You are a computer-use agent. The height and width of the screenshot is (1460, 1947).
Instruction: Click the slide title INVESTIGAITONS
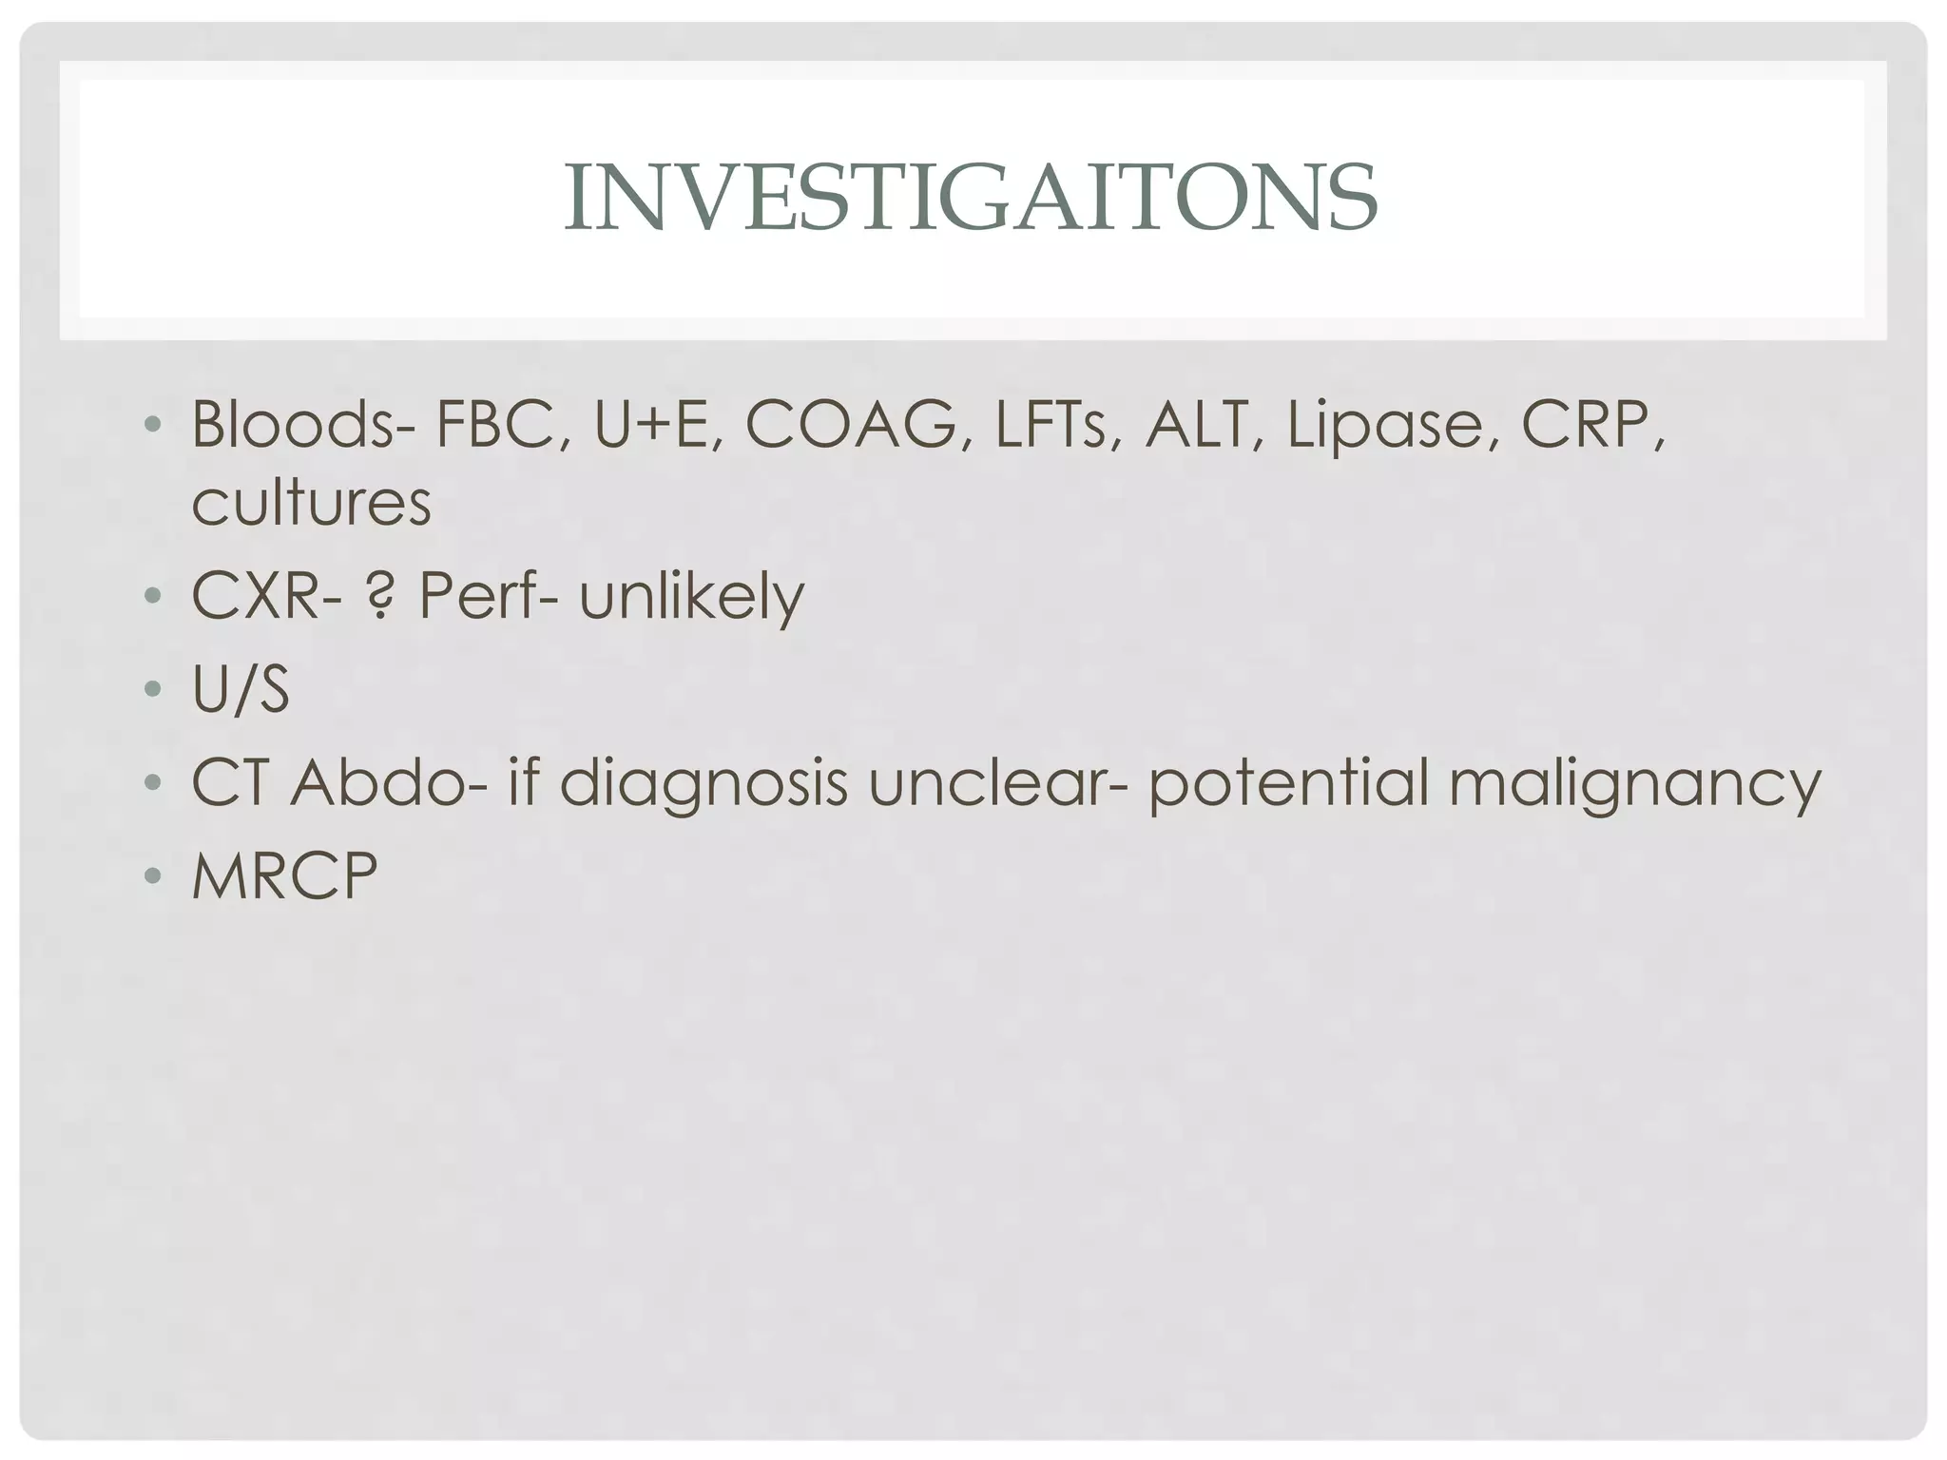pyautogui.click(x=971, y=198)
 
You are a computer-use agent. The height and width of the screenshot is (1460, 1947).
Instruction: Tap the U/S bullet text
pyautogui.click(x=241, y=689)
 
